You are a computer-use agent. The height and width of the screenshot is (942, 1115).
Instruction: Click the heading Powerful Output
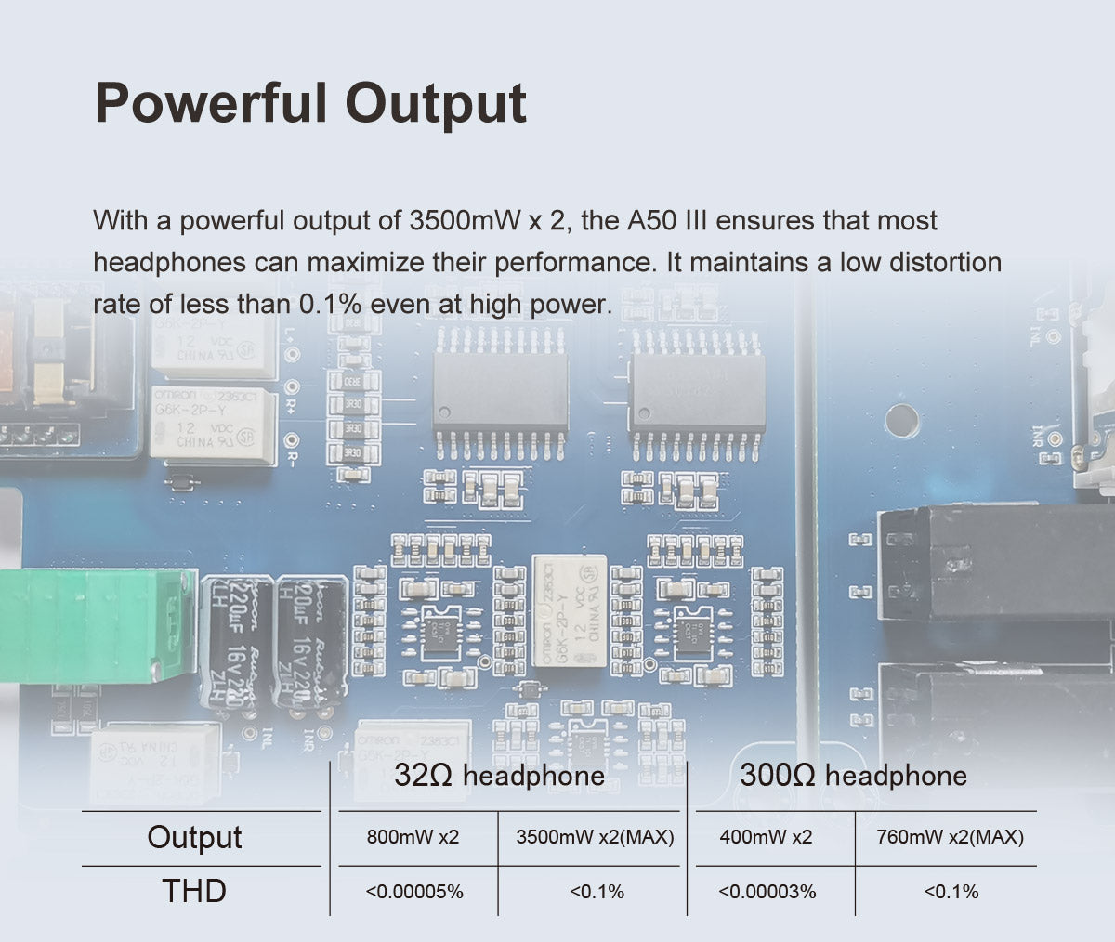pos(310,103)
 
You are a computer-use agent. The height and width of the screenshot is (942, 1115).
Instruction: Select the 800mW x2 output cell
pos(413,837)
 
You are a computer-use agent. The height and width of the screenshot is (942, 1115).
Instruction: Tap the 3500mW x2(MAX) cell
pos(595,837)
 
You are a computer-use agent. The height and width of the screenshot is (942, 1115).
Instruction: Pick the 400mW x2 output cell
pos(766,837)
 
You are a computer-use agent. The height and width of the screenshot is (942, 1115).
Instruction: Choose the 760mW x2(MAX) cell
pos(951,837)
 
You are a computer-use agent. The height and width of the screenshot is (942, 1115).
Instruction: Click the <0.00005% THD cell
pos(414,892)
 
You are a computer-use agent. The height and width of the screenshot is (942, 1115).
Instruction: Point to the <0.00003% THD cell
pos(767,892)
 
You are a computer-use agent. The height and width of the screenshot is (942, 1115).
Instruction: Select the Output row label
pos(194,837)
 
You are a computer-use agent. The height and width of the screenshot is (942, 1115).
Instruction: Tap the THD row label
pos(194,891)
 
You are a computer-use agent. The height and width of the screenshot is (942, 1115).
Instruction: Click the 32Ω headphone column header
pos(499,776)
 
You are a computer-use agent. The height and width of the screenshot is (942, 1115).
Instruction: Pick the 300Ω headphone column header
pos(853,776)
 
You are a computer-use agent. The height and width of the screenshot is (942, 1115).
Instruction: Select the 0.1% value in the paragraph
pos(330,304)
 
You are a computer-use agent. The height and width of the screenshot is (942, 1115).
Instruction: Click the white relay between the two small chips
pos(569,609)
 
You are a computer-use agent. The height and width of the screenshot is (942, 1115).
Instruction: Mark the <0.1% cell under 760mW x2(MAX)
pos(951,892)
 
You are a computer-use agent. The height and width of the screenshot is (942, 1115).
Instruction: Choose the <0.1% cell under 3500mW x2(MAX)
pos(596,892)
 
